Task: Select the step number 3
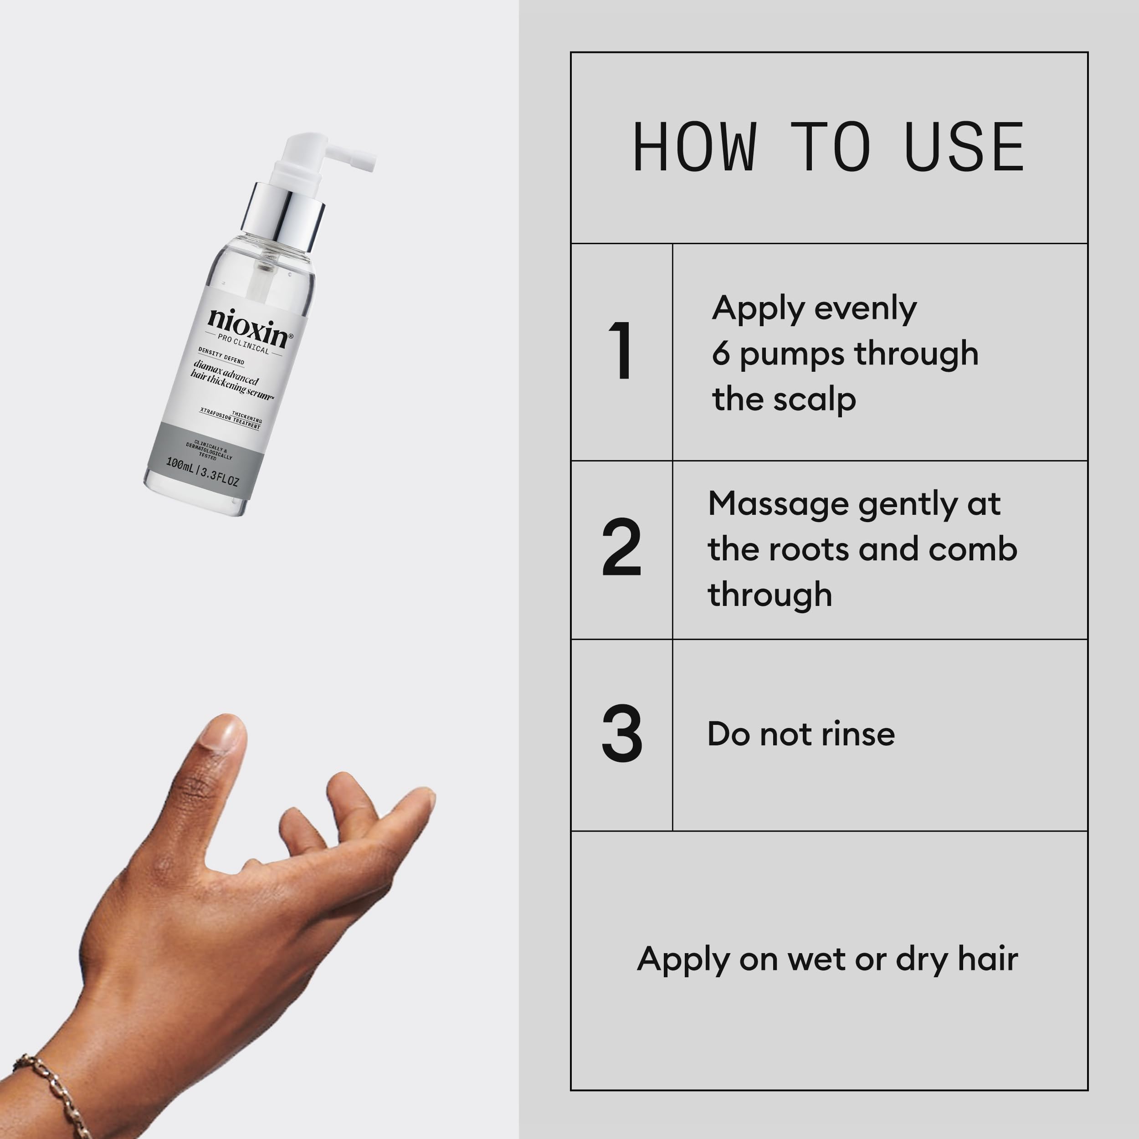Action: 621,734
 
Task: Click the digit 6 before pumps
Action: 720,354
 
